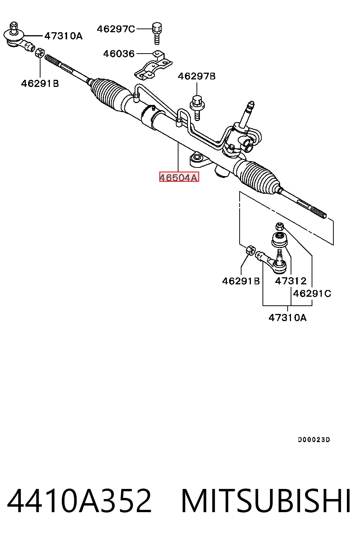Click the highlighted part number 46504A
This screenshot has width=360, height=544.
pyautogui.click(x=179, y=177)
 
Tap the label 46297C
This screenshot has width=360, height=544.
pyautogui.click(x=116, y=29)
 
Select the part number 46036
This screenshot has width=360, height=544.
pyautogui.click(x=119, y=54)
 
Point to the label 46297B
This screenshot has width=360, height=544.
pyautogui.click(x=196, y=76)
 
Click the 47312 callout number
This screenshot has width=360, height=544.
pyautogui.click(x=291, y=281)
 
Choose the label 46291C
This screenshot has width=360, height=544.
pyautogui.click(x=312, y=294)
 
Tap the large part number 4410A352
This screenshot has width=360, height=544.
pyautogui.click(x=79, y=502)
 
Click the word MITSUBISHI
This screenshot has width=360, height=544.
pyautogui.click(x=266, y=502)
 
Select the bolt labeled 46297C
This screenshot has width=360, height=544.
pyautogui.click(x=157, y=34)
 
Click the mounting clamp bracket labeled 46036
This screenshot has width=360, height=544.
pyautogui.click(x=153, y=66)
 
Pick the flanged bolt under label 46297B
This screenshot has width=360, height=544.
pyautogui.click(x=197, y=108)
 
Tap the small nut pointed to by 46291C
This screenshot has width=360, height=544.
pyautogui.click(x=280, y=226)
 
